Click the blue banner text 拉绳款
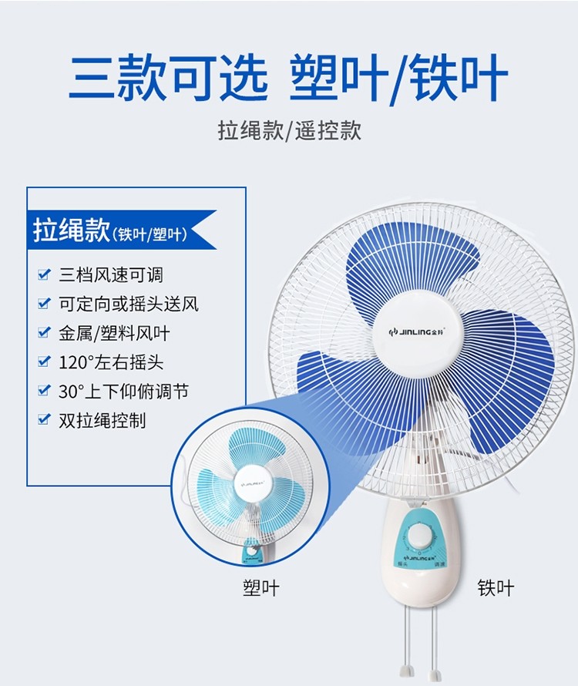(x=72, y=230)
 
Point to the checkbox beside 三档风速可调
(x=44, y=274)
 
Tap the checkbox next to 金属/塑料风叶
(x=44, y=333)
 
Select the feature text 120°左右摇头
(x=111, y=362)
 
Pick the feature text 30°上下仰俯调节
(x=123, y=392)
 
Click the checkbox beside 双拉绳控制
(x=44, y=421)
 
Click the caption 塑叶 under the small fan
(x=260, y=589)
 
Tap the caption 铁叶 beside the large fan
(x=496, y=589)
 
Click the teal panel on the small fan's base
(x=251, y=550)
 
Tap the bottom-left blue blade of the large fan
(x=335, y=389)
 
